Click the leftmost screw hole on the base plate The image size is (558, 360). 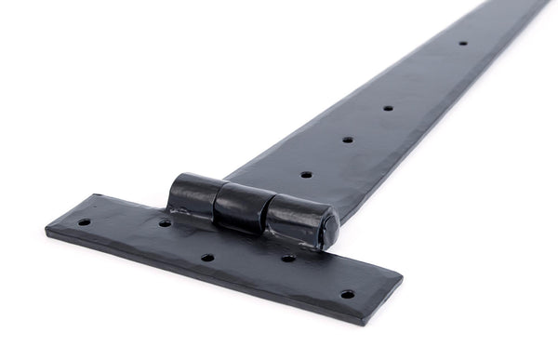[85, 222]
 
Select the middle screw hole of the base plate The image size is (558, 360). [207, 258]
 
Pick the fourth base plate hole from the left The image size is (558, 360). [289, 258]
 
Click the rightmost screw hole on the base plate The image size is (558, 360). [347, 294]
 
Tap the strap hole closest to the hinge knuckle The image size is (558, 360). [306, 174]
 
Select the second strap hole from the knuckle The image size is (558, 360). [348, 140]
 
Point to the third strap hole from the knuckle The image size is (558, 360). [388, 107]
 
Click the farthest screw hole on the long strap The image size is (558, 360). [462, 43]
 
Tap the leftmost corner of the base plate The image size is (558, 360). [46, 227]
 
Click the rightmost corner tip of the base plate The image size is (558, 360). [402, 277]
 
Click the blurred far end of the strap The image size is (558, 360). [521, 7]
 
